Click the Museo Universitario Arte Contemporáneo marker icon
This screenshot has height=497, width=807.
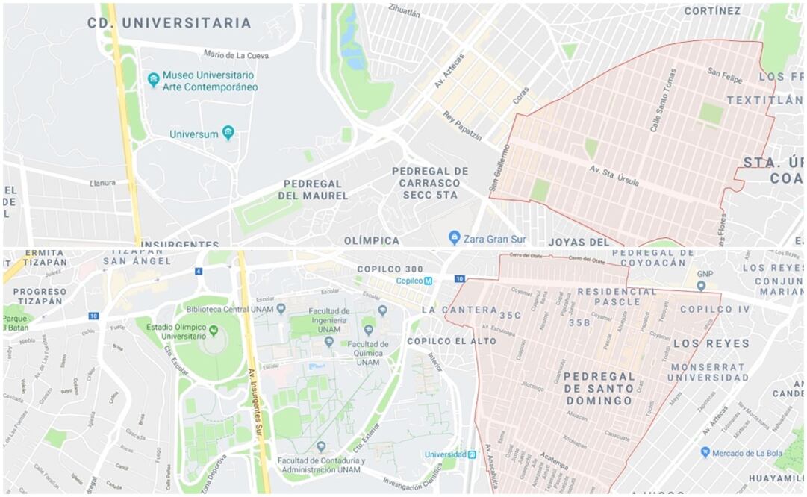click(154, 79)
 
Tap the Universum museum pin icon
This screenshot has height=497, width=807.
click(228, 134)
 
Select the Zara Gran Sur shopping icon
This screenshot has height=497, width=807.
click(454, 238)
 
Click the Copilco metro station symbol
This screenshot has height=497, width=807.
click(428, 281)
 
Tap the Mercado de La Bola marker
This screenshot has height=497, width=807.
click(705, 452)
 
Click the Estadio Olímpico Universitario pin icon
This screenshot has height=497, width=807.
click(214, 330)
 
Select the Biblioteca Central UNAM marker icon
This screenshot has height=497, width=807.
click(281, 307)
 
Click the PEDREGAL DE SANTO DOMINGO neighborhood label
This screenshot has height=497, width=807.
click(599, 388)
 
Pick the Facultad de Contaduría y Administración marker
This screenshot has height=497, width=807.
click(321, 446)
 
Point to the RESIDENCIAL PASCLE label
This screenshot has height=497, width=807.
click(619, 296)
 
